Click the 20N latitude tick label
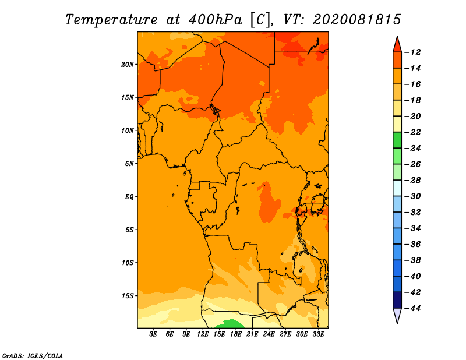coord(128,65)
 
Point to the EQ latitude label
coord(129,197)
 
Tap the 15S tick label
coord(128,296)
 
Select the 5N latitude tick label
coord(129,164)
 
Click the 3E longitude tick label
coord(153,334)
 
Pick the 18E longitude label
coord(236,334)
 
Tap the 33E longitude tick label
coord(318,334)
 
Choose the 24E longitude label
coord(269,334)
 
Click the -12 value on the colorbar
coord(412,52)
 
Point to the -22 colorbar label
coord(412,132)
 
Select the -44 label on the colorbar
coord(412,308)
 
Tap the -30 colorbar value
coord(412,196)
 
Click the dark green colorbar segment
coord(397,140)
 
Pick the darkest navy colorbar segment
coord(397,300)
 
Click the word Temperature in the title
coord(111,20)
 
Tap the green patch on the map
coord(230,324)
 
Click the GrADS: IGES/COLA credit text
coord(33,356)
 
